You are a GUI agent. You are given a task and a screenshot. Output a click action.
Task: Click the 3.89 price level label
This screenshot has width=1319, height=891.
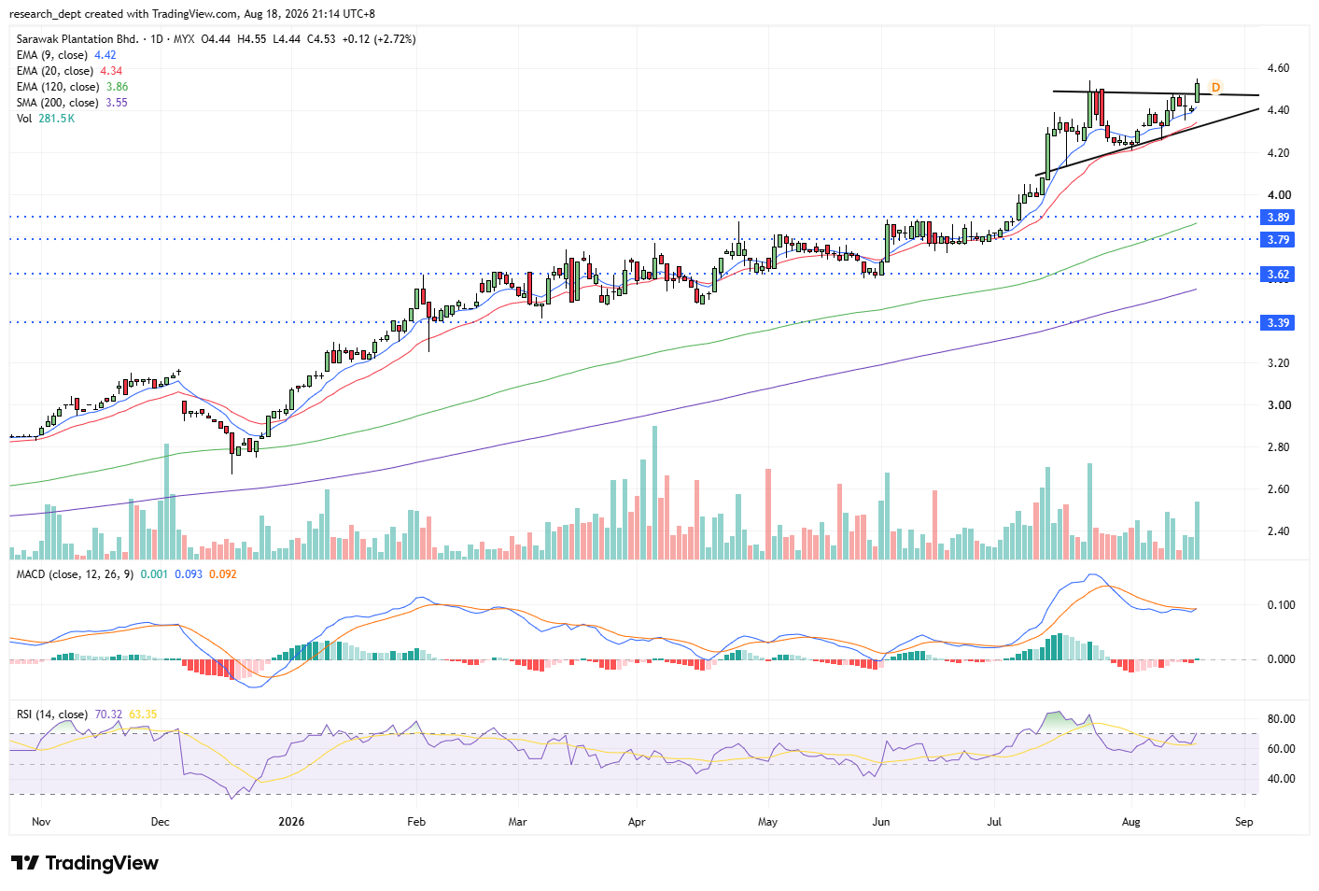pyautogui.click(x=1277, y=218)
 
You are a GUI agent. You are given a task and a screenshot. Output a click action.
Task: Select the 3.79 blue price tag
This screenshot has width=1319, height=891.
pyautogui.click(x=1277, y=240)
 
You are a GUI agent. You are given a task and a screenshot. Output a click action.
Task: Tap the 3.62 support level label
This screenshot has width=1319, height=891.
pyautogui.click(x=1277, y=274)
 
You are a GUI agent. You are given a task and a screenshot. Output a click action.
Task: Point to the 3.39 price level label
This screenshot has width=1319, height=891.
pyautogui.click(x=1277, y=323)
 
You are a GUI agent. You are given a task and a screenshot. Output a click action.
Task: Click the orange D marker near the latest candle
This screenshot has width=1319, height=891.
pyautogui.click(x=1215, y=88)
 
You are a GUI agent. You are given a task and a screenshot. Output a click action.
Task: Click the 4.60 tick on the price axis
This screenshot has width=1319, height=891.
pyautogui.click(x=1278, y=68)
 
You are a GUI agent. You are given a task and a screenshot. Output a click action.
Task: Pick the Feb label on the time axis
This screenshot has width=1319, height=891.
pyautogui.click(x=415, y=822)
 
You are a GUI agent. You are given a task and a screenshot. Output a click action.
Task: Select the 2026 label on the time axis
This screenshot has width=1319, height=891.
pyautogui.click(x=291, y=822)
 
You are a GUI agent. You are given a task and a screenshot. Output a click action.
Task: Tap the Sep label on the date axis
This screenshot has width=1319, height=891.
pyautogui.click(x=1243, y=822)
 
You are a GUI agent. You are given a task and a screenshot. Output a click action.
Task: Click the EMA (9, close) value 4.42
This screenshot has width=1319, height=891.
pyautogui.click(x=105, y=55)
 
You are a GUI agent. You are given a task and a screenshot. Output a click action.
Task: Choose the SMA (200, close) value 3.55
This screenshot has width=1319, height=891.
pyautogui.click(x=117, y=103)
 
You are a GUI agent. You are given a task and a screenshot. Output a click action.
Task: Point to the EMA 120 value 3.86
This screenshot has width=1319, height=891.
pyautogui.click(x=118, y=87)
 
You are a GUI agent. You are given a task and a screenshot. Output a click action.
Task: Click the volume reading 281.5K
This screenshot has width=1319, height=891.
pyautogui.click(x=57, y=119)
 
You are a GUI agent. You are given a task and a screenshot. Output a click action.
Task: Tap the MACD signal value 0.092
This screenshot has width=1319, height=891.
pyautogui.click(x=222, y=574)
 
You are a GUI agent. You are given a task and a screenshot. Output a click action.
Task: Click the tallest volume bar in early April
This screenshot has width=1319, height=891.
pyautogui.click(x=654, y=492)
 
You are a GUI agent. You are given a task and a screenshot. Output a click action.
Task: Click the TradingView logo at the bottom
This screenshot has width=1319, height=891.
pyautogui.click(x=85, y=863)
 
